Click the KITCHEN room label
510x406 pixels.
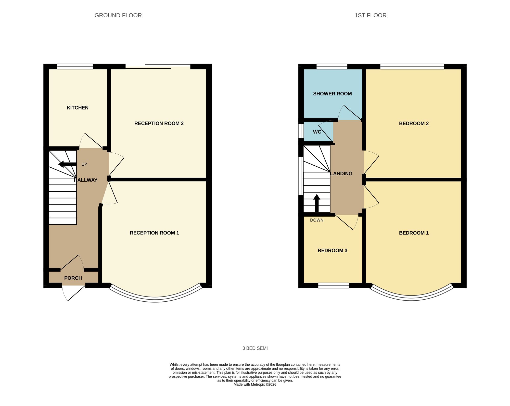78,108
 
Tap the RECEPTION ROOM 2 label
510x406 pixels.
159,124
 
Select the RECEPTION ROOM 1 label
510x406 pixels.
154,233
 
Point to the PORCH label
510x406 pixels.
73,278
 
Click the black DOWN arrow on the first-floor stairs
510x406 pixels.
317,203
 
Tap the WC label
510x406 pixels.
317,132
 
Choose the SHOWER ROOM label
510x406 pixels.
332,94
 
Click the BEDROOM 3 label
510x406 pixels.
332,251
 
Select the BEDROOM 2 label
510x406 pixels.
414,124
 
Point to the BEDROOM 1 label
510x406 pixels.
414,233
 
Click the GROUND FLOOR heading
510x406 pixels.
118,15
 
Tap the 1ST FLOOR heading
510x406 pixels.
370,15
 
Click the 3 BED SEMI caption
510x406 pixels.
255,348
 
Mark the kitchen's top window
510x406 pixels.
75,67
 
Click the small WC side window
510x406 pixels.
301,131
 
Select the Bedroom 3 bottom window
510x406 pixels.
334,286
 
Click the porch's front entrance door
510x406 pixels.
73,293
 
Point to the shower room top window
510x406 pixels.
332,67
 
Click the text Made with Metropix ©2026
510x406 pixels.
255,385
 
